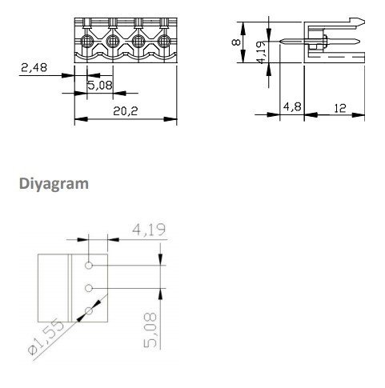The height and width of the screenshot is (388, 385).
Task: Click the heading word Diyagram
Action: pyautogui.click(x=55, y=183)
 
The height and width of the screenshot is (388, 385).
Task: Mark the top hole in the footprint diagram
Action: pyautogui.click(x=90, y=265)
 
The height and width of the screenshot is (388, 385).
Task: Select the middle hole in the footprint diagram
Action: pyautogui.click(x=90, y=288)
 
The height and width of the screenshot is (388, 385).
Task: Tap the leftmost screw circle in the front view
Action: pyautogui.click(x=86, y=41)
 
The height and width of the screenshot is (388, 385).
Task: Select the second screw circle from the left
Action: pyautogui.click(x=113, y=41)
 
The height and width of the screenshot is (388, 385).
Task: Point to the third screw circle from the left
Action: pyautogui.click(x=138, y=41)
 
